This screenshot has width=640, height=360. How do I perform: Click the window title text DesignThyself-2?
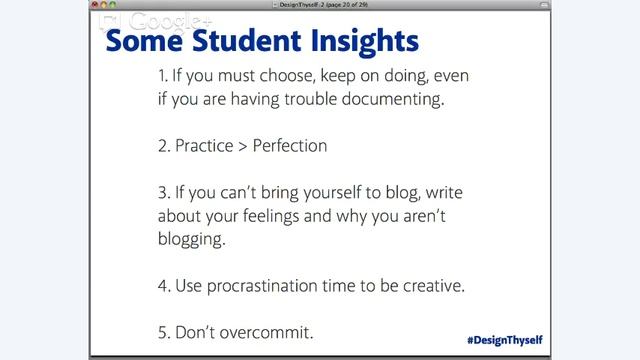300,5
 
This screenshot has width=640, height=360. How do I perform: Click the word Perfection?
290,145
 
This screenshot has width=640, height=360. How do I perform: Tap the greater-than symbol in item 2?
243,146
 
